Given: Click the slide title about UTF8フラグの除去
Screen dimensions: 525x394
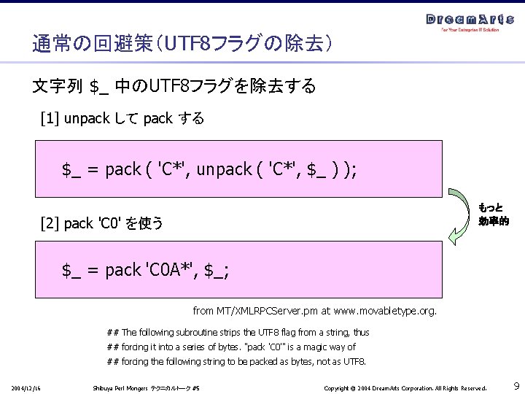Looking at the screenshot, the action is click(182, 45).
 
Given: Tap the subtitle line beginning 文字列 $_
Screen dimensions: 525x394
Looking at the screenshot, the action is click(174, 87).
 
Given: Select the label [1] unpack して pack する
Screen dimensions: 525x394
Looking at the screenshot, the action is click(122, 118).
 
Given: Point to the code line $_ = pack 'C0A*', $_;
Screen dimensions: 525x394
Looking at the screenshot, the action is click(145, 271).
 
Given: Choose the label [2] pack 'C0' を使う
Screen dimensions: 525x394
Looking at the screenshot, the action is click(102, 223).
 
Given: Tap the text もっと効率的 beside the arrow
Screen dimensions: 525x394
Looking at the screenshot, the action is click(494, 214).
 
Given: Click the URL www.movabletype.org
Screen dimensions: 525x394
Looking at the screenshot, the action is click(385, 311).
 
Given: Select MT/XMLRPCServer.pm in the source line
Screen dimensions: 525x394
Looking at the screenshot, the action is click(269, 311).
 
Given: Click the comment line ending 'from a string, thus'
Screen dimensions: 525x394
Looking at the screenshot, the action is click(238, 332).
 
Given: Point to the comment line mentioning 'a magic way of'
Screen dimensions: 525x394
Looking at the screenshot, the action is click(231, 347).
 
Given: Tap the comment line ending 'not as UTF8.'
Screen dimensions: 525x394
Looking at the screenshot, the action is click(236, 361).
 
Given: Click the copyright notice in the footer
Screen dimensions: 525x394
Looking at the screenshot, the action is click(405, 386).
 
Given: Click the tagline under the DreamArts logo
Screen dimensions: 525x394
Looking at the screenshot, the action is click(470, 31).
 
